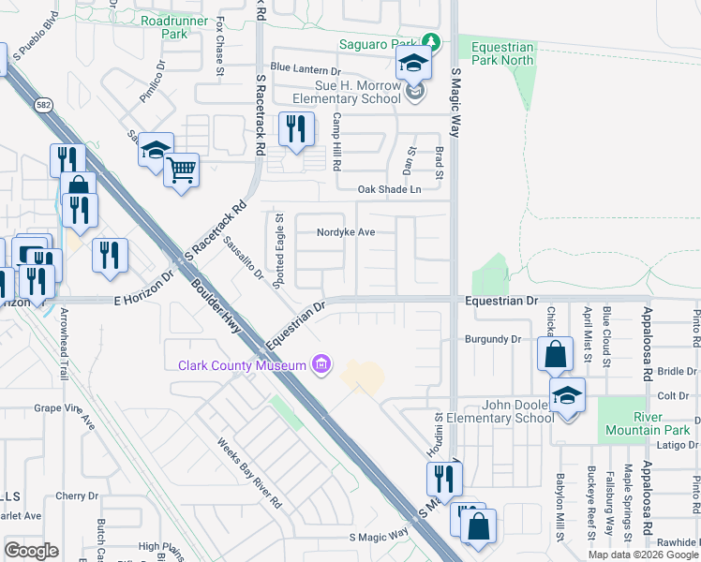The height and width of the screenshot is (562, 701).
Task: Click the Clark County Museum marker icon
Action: (x=321, y=364)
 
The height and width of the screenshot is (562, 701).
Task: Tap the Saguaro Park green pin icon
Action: (x=430, y=43)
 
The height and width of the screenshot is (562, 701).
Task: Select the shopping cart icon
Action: (x=182, y=170)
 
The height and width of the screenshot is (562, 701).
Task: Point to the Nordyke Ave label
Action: (x=346, y=231)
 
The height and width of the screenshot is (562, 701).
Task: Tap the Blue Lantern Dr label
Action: (x=305, y=69)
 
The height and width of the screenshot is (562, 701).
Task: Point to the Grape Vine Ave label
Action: (x=65, y=416)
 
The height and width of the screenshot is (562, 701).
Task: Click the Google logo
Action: (x=31, y=551)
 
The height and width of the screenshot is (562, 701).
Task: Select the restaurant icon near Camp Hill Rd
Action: (x=296, y=129)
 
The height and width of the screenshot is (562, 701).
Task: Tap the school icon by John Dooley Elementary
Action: (x=567, y=395)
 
